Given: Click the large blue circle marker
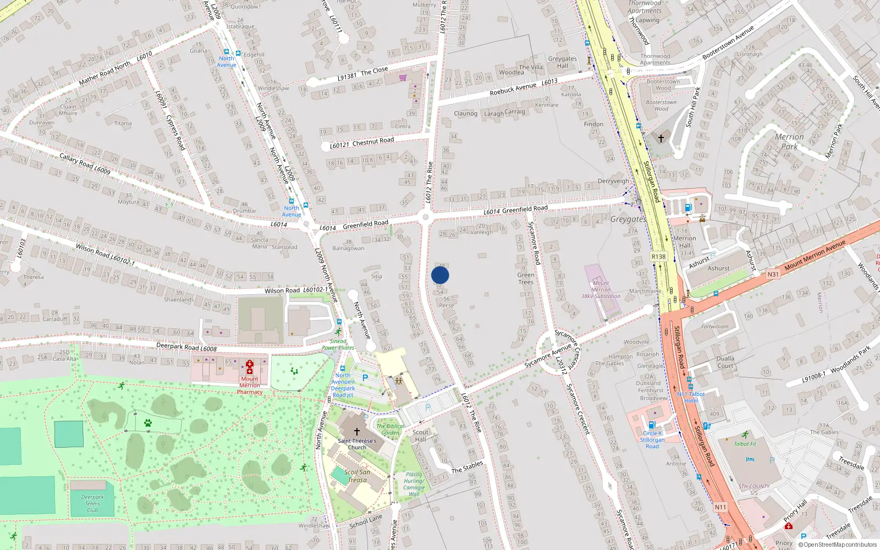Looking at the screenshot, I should (x=440, y=275).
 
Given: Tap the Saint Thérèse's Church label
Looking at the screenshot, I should (x=357, y=444).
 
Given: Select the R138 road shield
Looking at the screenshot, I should (x=658, y=256).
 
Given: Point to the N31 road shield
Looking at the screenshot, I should (x=773, y=274).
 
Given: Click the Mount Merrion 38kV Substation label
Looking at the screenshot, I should (x=601, y=289).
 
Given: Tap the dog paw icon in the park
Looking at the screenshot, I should (x=147, y=423).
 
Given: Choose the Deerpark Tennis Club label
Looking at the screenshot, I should (x=92, y=503).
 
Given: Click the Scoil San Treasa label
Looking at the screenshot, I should (x=357, y=476).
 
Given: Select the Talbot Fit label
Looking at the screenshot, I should (x=745, y=444).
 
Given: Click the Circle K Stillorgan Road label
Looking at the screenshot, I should (x=652, y=439).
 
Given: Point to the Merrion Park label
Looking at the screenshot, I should (x=789, y=141).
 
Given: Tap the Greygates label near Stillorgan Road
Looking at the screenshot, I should (x=628, y=219).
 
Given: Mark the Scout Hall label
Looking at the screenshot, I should (x=420, y=436).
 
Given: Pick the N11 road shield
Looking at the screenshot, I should (x=720, y=507).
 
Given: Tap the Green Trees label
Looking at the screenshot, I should (x=526, y=278).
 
